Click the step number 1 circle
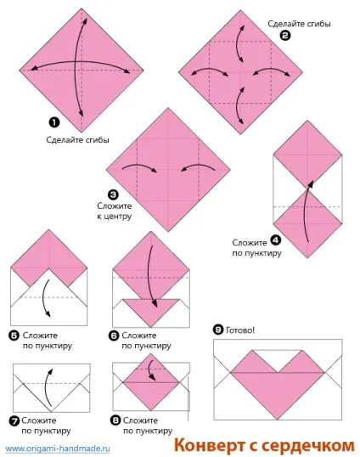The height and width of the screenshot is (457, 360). [x=54, y=122]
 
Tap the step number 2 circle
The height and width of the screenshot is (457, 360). [x=285, y=36]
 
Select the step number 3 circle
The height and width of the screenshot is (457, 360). [x=113, y=195]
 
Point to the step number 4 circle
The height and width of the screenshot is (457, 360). [x=276, y=240]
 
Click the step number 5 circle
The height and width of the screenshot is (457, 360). [x=14, y=336]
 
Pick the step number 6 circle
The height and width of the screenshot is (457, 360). [x=114, y=336]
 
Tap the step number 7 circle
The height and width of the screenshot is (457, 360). [x=14, y=420]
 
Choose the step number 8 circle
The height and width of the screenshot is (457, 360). [x=115, y=420]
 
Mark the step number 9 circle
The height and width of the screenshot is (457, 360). [x=218, y=330]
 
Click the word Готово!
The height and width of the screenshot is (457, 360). [x=240, y=330]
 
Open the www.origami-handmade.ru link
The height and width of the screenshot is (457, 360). [x=58, y=449]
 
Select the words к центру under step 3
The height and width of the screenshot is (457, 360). [x=114, y=217]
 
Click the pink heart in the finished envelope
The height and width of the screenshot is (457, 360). [x=278, y=385]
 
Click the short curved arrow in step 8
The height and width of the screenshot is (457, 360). [x=151, y=370]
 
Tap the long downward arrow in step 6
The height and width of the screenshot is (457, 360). [x=153, y=276]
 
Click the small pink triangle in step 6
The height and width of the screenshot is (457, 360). [x=151, y=309]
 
